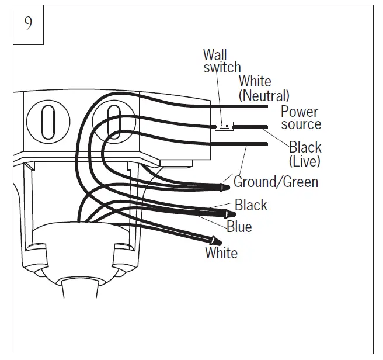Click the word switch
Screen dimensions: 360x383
tap(222, 68)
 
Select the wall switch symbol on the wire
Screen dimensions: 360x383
tap(224, 126)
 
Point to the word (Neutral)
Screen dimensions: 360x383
tap(264, 95)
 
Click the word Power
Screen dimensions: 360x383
tap(300, 111)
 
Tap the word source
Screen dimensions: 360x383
tap(301, 124)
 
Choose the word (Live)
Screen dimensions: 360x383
tap(304, 160)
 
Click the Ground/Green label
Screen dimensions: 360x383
tap(276, 182)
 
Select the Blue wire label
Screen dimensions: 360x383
tap(239, 226)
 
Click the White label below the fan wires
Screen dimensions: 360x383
tap(221, 253)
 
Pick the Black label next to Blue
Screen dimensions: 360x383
tap(251, 205)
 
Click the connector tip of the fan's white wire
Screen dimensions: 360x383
tap(215, 240)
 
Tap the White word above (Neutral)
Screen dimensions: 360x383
tap(255, 81)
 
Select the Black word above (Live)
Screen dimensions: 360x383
tap(305, 147)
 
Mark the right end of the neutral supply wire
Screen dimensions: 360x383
tap(266, 106)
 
